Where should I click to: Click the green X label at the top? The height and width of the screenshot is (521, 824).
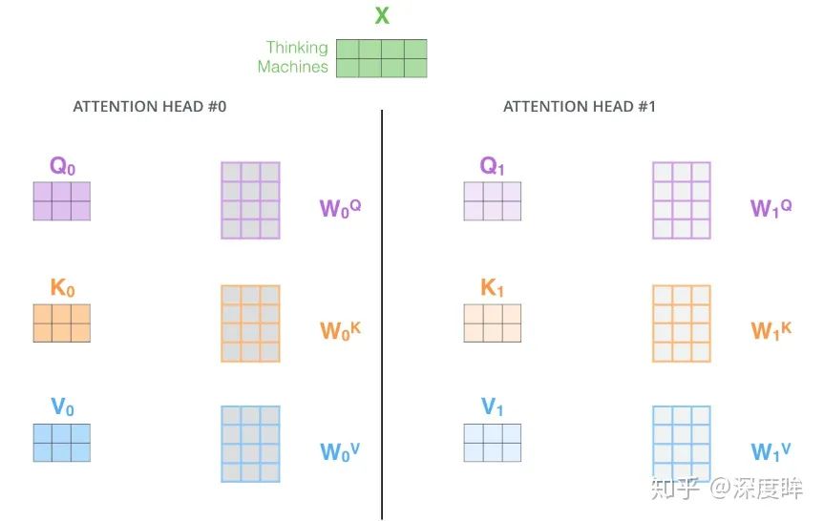[382, 15]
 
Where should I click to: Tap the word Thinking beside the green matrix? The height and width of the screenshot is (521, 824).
[297, 48]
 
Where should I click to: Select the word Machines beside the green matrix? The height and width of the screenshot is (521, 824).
[292, 67]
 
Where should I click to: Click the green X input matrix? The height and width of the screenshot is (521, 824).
[381, 58]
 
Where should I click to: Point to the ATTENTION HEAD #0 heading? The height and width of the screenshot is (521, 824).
[150, 107]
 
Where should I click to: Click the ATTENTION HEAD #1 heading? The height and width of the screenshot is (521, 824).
[580, 107]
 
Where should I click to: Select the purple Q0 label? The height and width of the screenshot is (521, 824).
[62, 166]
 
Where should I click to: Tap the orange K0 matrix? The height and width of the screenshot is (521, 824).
[62, 323]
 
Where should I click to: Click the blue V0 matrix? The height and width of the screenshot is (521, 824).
[62, 443]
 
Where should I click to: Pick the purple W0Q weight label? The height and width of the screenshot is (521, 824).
[340, 207]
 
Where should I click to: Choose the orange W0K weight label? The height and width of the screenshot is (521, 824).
[340, 330]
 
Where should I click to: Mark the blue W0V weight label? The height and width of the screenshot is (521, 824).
[340, 450]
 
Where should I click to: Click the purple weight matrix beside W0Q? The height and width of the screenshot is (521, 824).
[250, 199]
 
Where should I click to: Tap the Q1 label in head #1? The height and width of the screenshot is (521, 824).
[492, 166]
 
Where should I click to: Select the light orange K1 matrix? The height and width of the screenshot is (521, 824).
[493, 323]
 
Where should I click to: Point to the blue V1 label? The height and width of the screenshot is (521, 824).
[492, 408]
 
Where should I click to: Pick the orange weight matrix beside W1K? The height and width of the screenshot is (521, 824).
[681, 323]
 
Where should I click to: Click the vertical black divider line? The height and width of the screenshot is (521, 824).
[382, 315]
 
